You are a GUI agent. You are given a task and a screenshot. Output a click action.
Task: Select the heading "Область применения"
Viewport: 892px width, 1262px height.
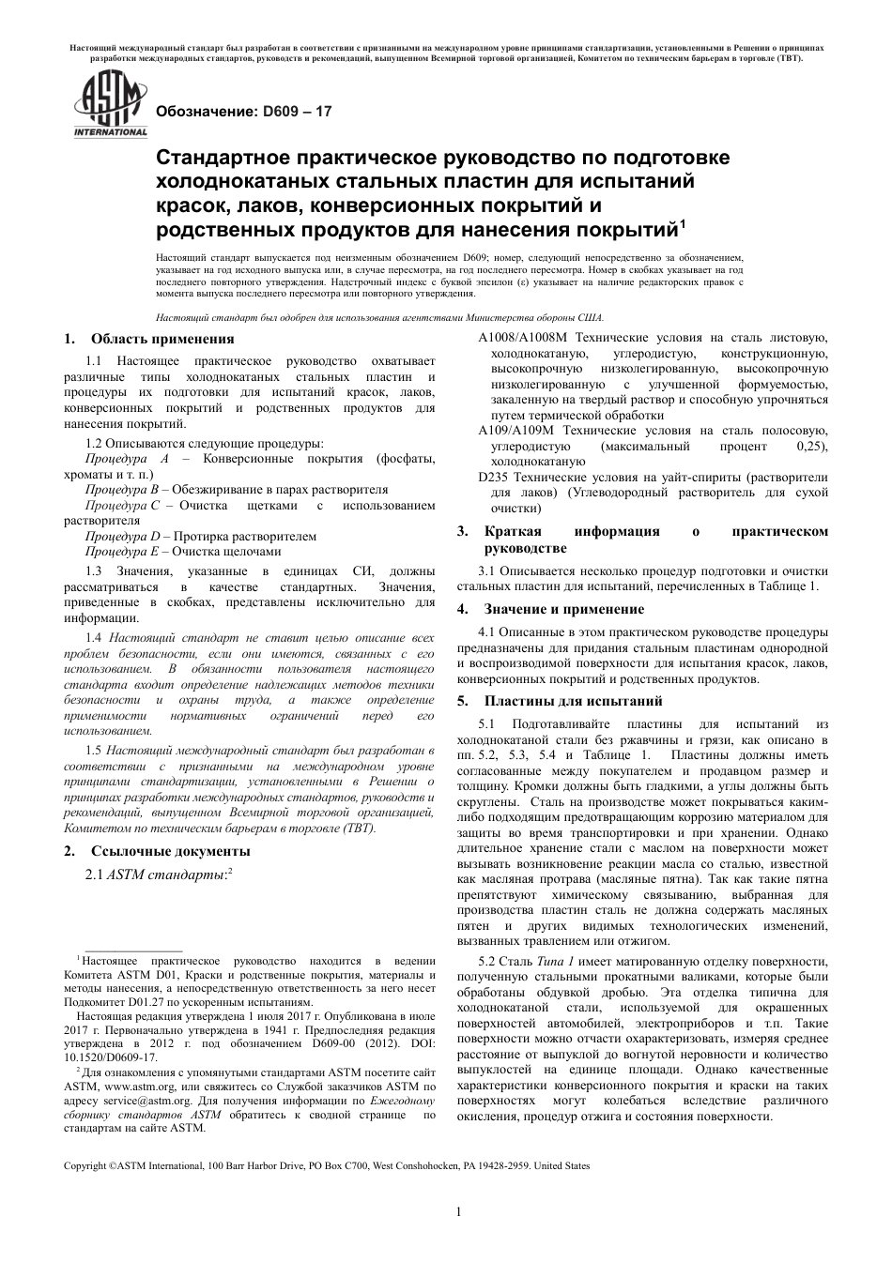162,339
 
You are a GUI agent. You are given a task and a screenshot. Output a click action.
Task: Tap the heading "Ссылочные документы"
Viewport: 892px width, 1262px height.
170,851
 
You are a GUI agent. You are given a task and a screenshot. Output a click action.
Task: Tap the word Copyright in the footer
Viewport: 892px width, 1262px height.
85,1165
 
